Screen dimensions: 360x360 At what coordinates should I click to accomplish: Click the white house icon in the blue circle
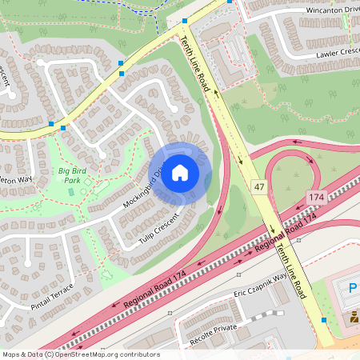tap(180, 173)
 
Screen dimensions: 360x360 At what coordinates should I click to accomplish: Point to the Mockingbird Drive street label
tap(143, 187)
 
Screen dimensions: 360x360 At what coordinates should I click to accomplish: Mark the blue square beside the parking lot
tap(324, 320)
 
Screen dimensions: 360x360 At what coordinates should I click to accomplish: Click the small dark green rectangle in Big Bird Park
tap(70, 191)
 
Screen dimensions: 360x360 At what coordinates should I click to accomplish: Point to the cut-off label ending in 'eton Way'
tap(16, 180)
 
